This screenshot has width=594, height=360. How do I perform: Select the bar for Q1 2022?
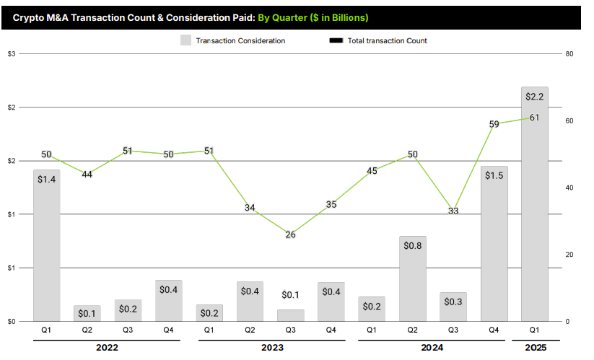tap(47, 245)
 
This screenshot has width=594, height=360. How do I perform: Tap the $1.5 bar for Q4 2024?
tap(494, 244)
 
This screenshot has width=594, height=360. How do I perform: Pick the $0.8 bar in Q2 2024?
tap(413, 278)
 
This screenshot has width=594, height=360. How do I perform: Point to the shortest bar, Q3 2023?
tap(291, 315)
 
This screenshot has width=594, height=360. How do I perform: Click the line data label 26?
tap(290, 234)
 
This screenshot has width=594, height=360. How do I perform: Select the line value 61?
tap(535, 118)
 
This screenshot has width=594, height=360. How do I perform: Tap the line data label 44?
tap(87, 175)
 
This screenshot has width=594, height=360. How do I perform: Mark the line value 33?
tap(453, 211)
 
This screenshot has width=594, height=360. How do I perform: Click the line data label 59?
tap(494, 124)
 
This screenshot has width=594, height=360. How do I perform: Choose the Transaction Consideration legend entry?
tap(232, 40)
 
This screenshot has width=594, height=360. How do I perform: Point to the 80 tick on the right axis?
tap(569, 54)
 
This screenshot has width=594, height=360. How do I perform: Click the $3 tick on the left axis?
tap(12, 54)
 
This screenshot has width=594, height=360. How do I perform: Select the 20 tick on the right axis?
tap(569, 255)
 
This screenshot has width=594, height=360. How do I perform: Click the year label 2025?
tap(534, 348)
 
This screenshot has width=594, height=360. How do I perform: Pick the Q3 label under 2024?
tap(453, 330)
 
